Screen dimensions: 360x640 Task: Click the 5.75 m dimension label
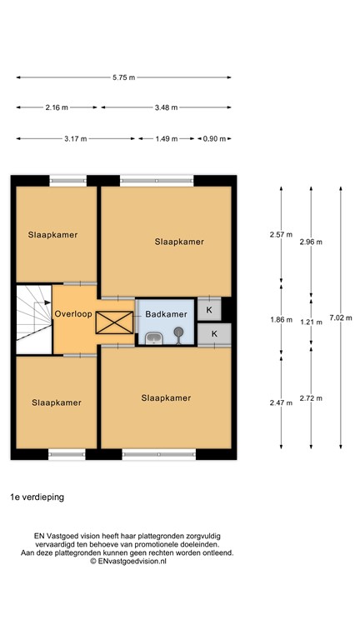pos(123,77)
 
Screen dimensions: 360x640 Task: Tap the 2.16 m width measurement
pos(57,107)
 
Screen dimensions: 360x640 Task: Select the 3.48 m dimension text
pos(166,107)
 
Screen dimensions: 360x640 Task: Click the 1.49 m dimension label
pos(166,139)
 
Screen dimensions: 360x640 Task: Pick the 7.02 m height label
pos(340,318)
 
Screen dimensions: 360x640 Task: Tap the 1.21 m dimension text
pos(311,322)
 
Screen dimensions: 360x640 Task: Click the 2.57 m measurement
pos(281,235)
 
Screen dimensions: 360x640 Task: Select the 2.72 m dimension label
pos(311,398)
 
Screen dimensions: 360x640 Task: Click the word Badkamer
pos(166,314)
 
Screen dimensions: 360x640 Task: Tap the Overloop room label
pos(73,314)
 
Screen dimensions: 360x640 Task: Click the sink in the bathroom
pos(154,338)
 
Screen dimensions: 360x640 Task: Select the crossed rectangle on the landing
pos(114,322)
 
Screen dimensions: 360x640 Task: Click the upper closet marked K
pos(209,309)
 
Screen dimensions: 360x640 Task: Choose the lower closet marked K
pos(214,334)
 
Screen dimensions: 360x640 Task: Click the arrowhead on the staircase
pos(47,302)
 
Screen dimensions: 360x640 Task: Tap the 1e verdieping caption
pos(37,497)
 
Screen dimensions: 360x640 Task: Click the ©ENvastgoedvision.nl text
pos(128,561)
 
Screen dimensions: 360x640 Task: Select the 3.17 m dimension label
pos(76,139)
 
